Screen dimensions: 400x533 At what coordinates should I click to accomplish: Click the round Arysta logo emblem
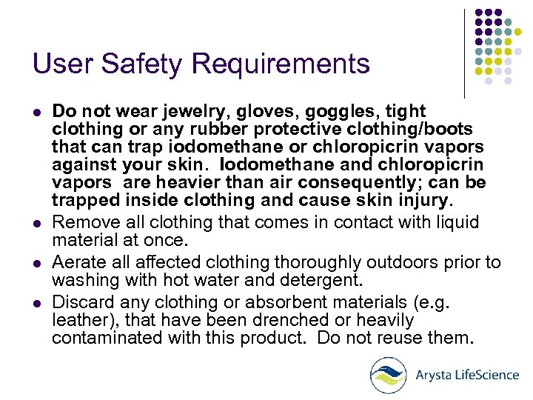click(x=388, y=375)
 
